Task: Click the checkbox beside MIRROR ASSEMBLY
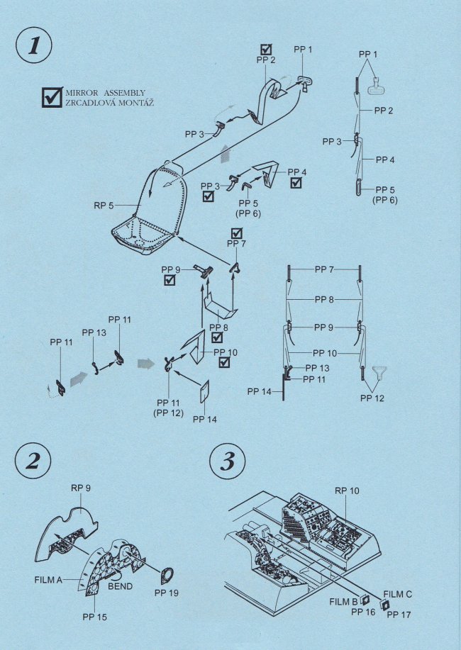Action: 52,97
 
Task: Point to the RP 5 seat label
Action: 104,206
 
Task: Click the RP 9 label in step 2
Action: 82,488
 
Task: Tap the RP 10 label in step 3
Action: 347,491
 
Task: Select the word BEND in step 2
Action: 120,587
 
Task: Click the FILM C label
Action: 398,593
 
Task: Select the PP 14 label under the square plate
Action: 205,419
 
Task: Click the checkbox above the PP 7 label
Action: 237,232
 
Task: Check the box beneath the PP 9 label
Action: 170,281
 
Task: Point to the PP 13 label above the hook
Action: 94,332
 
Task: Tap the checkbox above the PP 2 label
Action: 266,49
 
